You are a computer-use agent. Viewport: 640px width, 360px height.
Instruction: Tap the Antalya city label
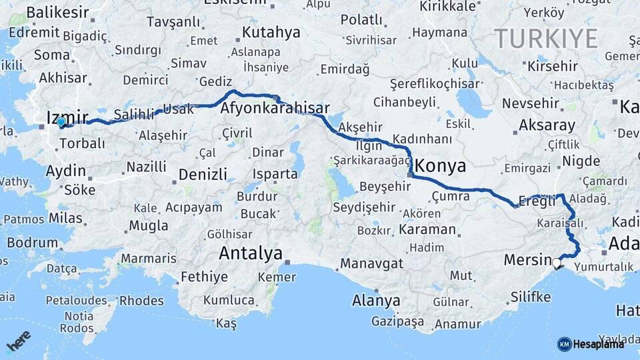[251, 253]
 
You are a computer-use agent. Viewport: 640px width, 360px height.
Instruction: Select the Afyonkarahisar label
[275, 108]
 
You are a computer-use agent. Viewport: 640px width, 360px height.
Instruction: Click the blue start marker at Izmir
[61, 122]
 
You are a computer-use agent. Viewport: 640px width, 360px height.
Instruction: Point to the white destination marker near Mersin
[557, 263]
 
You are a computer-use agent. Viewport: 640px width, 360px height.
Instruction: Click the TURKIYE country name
[546, 39]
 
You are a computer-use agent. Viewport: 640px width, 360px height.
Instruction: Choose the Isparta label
[275, 174]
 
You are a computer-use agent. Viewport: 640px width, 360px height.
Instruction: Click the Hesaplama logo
[591, 344]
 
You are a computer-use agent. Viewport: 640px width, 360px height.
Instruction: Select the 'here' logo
[19, 341]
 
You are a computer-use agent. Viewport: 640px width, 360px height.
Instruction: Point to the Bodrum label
[33, 242]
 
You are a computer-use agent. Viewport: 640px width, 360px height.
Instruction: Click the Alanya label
[376, 301]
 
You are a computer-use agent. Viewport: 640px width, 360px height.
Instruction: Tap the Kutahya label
[271, 32]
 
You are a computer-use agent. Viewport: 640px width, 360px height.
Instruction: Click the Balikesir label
[57, 12]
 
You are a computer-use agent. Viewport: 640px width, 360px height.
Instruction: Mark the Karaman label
[427, 230]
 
